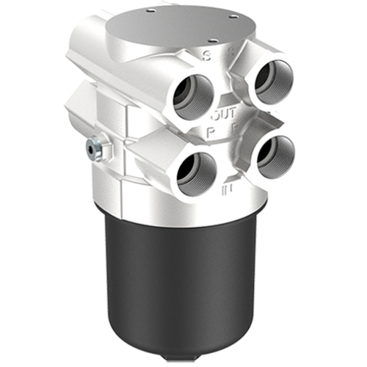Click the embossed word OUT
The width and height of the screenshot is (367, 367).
pyautogui.click(x=222, y=115)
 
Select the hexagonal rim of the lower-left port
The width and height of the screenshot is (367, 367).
pyautogui.click(x=177, y=173)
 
